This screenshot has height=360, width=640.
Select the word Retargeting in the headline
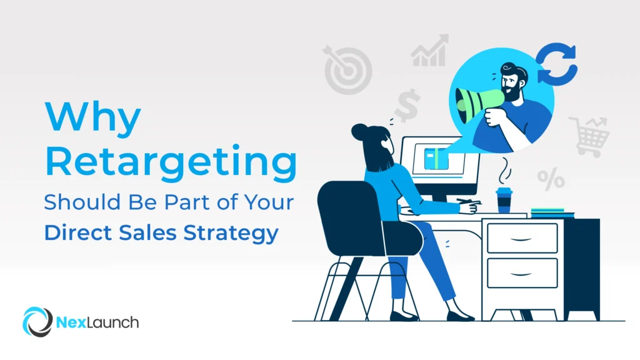tap(170, 161)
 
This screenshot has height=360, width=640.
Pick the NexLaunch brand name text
tap(97, 322)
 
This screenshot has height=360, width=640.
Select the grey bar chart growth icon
tap(431, 51)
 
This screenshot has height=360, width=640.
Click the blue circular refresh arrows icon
tap(556, 63)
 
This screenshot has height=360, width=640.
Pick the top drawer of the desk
tap(522, 238)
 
